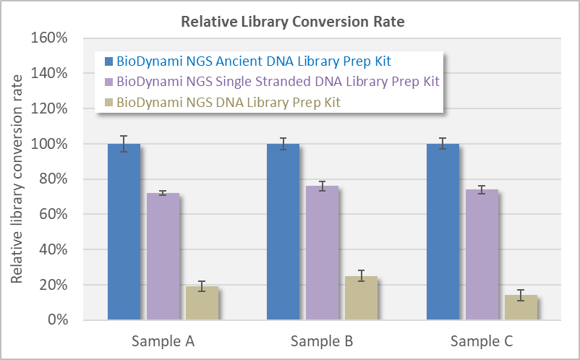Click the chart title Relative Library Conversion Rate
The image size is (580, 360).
tap(292, 22)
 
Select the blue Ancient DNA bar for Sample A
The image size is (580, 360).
tap(124, 231)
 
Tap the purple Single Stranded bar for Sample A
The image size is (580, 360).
tap(163, 257)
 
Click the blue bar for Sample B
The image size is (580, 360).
tap(283, 231)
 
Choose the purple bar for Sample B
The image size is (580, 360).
tap(322, 253)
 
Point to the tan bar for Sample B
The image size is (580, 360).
tap(361, 298)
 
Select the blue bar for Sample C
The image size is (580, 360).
tap(443, 231)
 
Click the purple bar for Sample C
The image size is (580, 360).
tap(482, 254)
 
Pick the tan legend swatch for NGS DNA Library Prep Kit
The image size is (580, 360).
tap(109, 102)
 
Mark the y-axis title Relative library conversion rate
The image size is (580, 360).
tap(17, 179)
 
